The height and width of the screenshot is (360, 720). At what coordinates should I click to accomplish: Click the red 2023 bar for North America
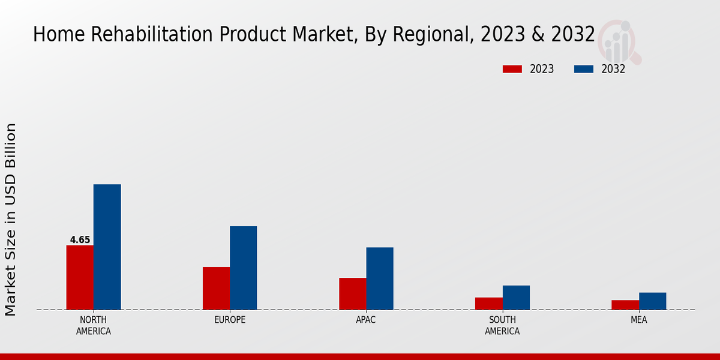pos(80,277)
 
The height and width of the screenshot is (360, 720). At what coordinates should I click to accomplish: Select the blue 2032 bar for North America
pos(107,247)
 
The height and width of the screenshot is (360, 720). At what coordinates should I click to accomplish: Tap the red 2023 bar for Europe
pos(216,288)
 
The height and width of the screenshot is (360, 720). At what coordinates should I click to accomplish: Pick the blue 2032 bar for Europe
pos(243,268)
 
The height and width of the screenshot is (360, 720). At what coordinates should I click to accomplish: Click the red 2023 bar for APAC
pos(352,293)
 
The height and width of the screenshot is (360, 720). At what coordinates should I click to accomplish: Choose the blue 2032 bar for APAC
pos(380,278)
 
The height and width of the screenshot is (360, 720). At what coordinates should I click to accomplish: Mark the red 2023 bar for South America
pos(488,304)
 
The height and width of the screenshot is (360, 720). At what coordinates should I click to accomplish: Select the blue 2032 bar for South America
pos(516,298)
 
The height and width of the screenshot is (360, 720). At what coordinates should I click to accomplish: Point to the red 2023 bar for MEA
pos(625,305)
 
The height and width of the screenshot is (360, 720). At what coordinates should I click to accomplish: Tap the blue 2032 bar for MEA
pos(652,301)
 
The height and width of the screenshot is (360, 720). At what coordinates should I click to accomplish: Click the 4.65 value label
pos(80,240)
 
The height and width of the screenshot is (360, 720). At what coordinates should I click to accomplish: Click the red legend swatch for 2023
pos(512,69)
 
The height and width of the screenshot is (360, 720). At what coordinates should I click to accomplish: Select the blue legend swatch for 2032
pos(584,69)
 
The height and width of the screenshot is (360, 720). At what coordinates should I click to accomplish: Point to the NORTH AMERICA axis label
pos(94,325)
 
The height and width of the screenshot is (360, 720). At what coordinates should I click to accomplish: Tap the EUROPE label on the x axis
pos(230,320)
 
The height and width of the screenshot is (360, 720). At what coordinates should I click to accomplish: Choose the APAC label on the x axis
pos(366,320)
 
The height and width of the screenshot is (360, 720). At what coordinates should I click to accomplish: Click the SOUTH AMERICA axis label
pos(502,325)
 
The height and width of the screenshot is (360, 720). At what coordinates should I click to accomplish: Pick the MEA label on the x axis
pos(638,320)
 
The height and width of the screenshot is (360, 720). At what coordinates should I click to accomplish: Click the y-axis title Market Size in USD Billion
pos(11,220)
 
